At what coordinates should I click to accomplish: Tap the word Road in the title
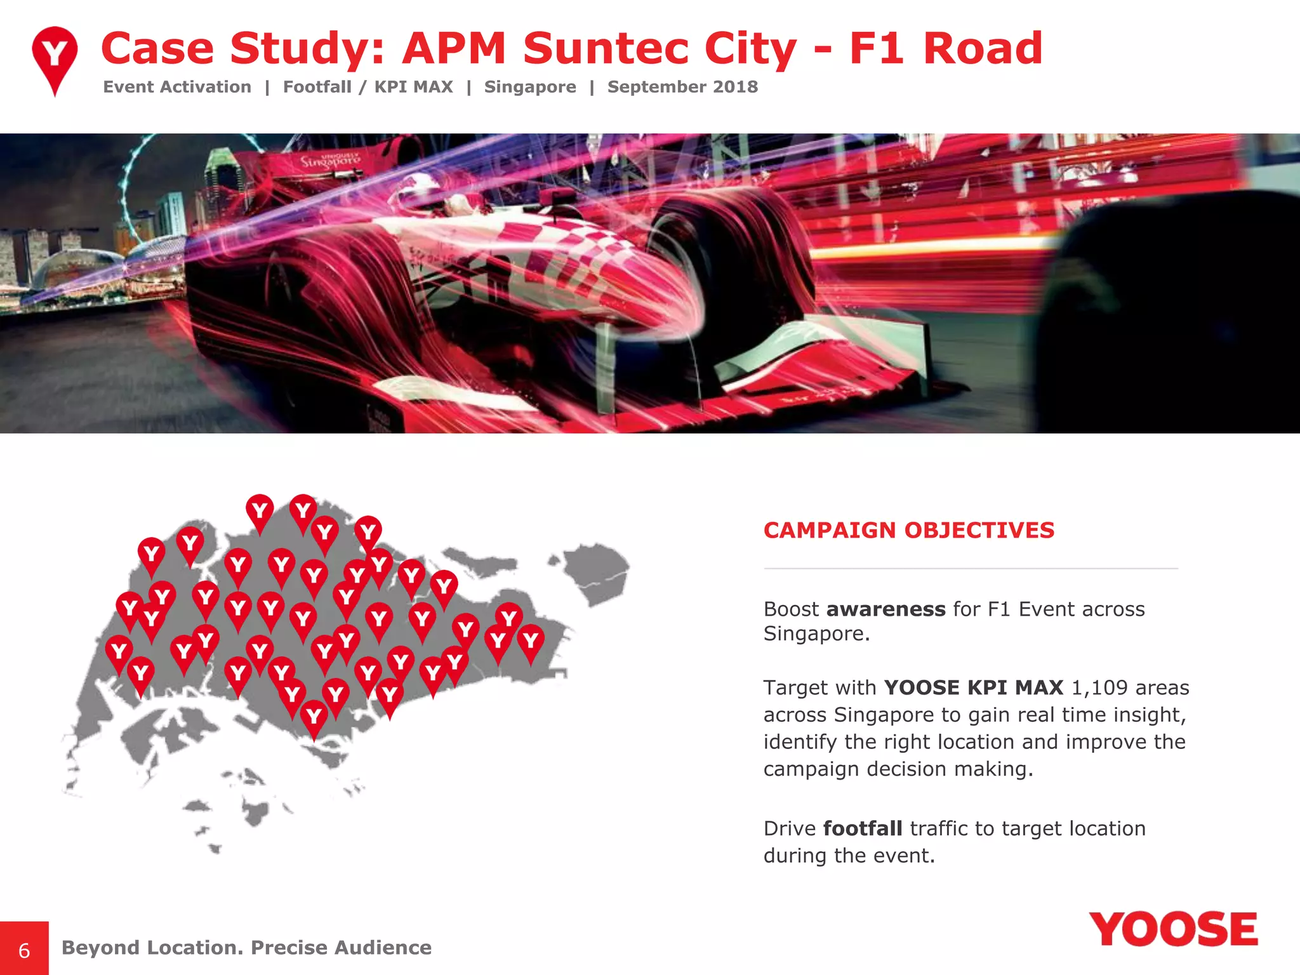(x=983, y=48)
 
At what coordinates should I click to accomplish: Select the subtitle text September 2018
(x=682, y=87)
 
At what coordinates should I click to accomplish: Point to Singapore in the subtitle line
(x=530, y=87)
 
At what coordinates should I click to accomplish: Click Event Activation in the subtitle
(x=177, y=87)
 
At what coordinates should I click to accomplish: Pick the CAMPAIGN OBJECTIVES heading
(x=908, y=530)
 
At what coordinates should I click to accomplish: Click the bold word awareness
(x=885, y=609)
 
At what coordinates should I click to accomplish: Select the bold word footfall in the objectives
(x=863, y=828)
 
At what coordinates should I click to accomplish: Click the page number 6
(x=24, y=950)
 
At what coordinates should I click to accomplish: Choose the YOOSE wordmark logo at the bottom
(x=1173, y=930)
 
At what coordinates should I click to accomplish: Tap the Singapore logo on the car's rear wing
(x=330, y=159)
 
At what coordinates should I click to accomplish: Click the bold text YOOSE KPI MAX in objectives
(x=973, y=687)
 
